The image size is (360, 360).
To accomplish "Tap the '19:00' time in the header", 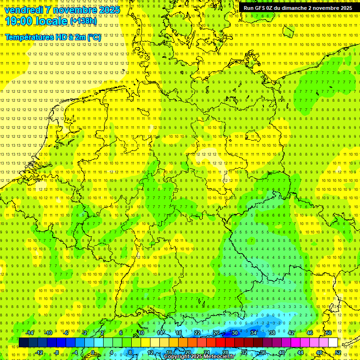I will click(x=18, y=21).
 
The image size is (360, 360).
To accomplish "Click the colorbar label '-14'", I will click(x=30, y=333).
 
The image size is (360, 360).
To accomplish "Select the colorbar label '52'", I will click(x=338, y=352).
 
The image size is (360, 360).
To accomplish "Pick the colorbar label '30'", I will click(x=234, y=333).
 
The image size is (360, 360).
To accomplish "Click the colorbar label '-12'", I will click(x=39, y=352).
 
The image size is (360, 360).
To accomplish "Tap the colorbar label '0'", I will click(x=93, y=352).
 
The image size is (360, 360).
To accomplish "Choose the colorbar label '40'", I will click(x=282, y=352).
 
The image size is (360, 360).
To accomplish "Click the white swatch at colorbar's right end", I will click(x=333, y=343).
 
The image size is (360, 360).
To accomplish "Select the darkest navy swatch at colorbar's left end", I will click(x=23, y=343).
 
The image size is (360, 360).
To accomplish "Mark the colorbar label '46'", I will click(x=310, y=333).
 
